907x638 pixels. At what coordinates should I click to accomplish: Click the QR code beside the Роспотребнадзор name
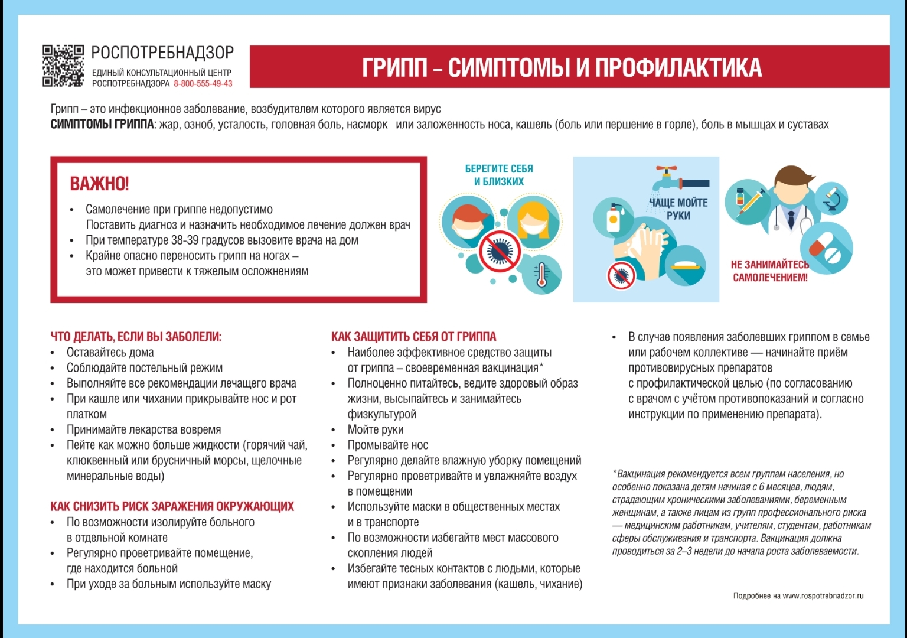click(63, 66)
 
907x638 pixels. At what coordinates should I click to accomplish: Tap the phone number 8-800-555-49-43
click(203, 84)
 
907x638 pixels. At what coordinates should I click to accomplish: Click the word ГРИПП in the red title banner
click(394, 68)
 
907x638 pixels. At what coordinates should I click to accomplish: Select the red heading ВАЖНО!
click(99, 184)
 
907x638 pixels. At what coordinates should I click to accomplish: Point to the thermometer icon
click(541, 275)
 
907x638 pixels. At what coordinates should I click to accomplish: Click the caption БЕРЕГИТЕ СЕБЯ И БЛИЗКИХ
click(499, 175)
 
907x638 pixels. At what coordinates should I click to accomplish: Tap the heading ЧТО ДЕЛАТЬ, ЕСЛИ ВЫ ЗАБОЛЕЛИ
click(136, 337)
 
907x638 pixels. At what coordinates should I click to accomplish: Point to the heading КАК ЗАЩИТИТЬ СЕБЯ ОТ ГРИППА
click(413, 337)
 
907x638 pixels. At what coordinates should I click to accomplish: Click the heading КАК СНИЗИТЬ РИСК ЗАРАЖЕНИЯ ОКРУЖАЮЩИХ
click(172, 506)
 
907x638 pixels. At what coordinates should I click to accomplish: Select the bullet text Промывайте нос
click(387, 445)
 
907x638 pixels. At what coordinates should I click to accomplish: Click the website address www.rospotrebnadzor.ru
click(823, 596)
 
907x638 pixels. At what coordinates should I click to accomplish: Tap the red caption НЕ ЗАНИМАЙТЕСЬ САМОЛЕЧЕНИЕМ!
click(770, 271)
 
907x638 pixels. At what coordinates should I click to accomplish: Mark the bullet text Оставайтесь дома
click(110, 353)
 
